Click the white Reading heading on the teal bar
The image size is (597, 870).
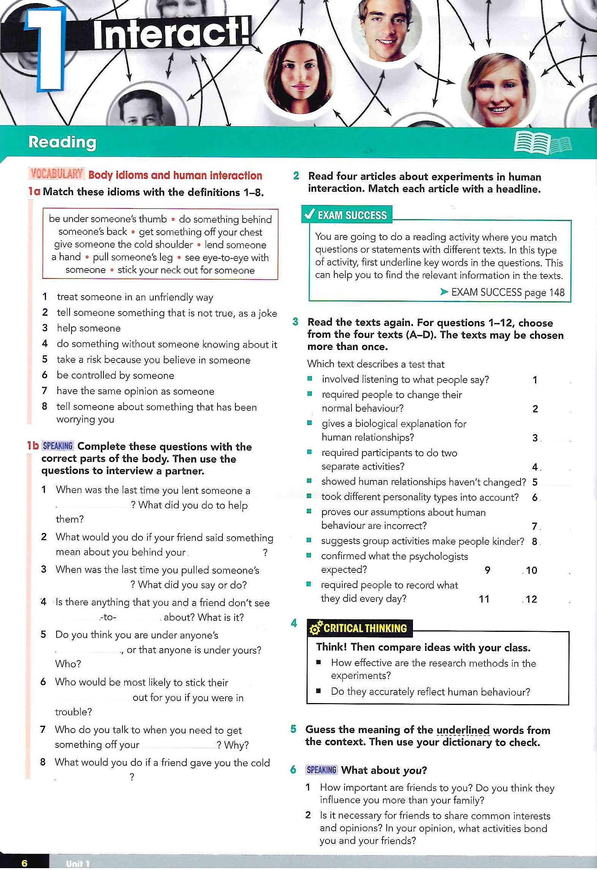(62, 142)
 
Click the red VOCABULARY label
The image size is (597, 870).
(57, 175)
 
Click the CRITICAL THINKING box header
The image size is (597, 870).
(365, 628)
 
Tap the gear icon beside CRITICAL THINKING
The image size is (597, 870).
(316, 628)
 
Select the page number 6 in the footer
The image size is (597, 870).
(24, 863)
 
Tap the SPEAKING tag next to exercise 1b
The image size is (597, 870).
(57, 446)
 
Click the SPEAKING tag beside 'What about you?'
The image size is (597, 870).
(321, 770)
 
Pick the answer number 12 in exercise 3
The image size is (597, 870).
(531, 599)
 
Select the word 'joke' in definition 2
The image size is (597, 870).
(268, 313)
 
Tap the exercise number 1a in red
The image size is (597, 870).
(34, 191)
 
